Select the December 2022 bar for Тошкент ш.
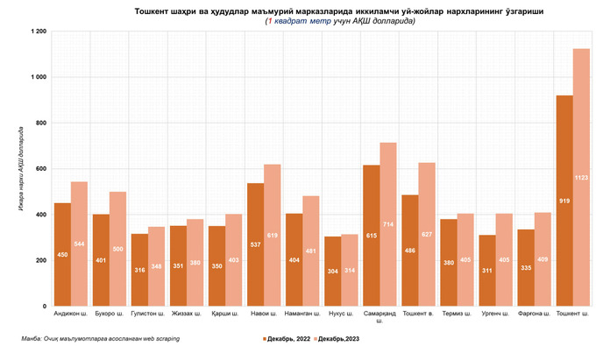coord(564,201)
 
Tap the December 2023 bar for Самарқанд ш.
coord(388,225)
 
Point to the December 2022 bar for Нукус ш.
coord(333,272)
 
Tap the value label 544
coord(79,243)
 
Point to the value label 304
coord(333,272)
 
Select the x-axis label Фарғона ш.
coord(534,314)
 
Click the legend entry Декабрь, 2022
coord(286,337)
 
